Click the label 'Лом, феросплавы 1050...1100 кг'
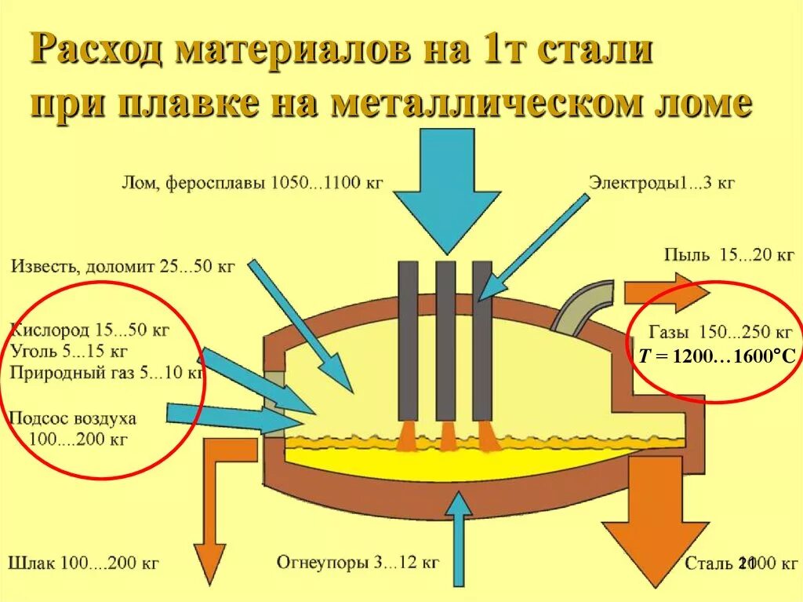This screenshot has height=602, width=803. click(252, 184)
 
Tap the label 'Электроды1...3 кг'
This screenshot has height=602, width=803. click(662, 184)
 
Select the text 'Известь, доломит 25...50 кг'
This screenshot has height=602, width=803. click(123, 265)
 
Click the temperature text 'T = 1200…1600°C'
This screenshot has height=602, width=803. click(717, 357)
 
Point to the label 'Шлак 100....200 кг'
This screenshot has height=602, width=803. click(84, 563)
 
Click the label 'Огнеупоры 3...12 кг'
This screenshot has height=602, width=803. click(358, 563)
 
